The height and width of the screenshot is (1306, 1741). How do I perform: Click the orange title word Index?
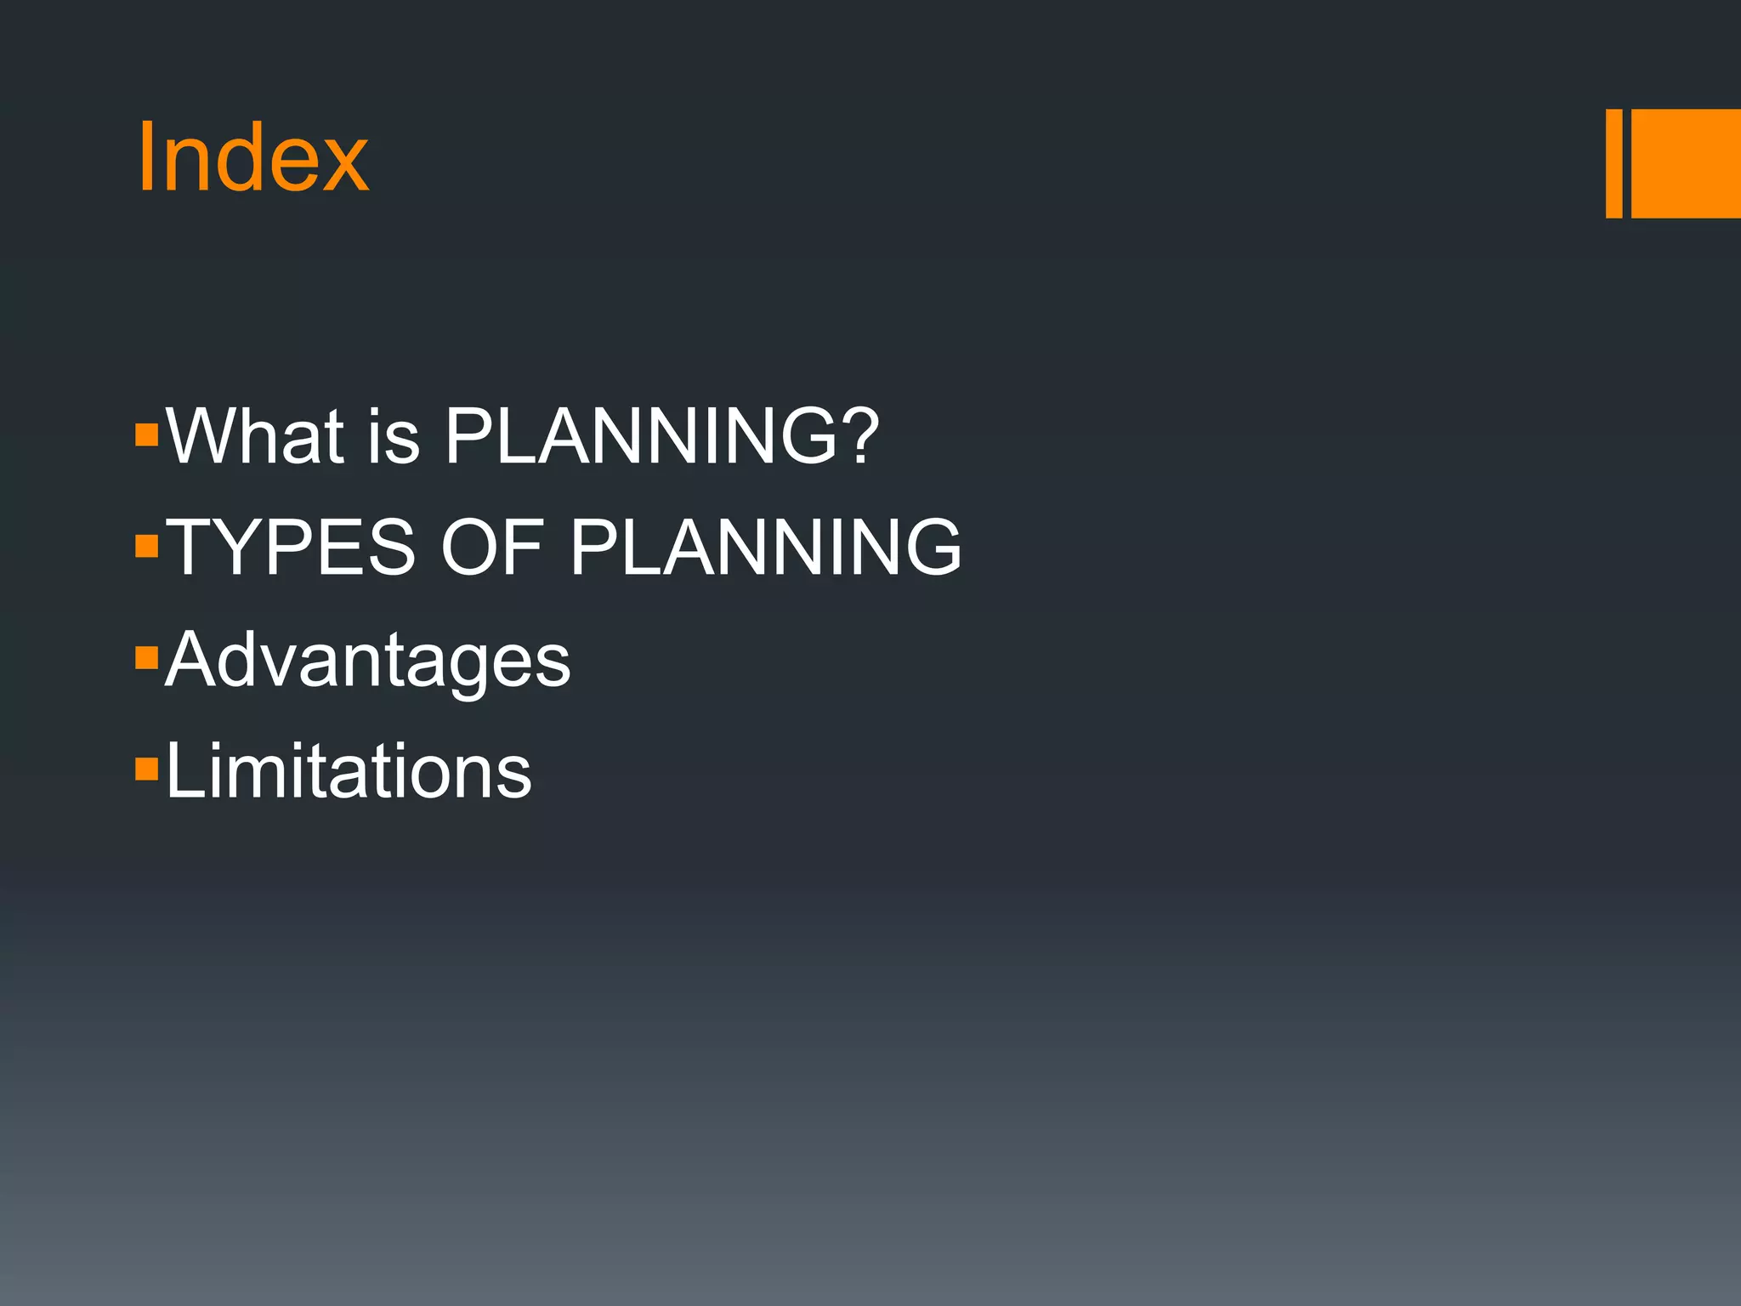point(252,158)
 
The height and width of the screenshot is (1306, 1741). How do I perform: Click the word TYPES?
point(290,548)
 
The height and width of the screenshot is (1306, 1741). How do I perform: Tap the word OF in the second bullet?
point(491,548)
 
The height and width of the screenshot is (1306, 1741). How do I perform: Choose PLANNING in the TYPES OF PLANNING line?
point(765,548)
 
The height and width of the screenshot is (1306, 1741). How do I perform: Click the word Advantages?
point(367,661)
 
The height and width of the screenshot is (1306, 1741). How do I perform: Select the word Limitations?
point(349,771)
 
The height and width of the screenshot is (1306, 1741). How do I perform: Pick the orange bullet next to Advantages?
point(147,657)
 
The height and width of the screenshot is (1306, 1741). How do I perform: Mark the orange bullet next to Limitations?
point(147,769)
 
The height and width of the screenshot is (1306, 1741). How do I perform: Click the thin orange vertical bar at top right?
point(1613,163)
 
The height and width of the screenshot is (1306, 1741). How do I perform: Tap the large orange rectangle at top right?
point(1686,163)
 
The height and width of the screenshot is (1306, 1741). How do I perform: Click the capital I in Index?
point(146,158)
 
